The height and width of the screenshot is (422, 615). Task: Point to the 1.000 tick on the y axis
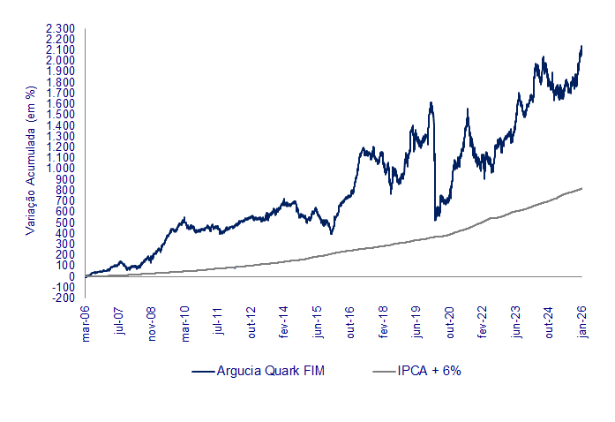[61, 168]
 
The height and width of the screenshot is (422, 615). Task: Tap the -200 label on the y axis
[64, 298]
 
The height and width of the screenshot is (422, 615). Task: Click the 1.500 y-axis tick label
[61, 114]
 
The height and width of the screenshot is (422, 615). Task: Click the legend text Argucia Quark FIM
[272, 371]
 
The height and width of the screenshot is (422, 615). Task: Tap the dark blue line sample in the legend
[204, 372]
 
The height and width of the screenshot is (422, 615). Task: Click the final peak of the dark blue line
[581, 46]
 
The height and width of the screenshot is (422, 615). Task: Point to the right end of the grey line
[582, 187]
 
